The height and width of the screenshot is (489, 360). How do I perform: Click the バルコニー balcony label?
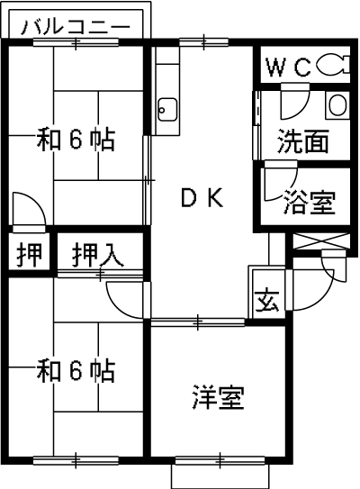75,26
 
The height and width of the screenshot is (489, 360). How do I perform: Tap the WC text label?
289,68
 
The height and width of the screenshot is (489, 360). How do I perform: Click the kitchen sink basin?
167,110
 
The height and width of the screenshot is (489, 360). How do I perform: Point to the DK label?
202,198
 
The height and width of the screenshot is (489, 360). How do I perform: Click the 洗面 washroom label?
303,141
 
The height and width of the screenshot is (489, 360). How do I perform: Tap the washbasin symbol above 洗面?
337,105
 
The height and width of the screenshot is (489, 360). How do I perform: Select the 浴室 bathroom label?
310,202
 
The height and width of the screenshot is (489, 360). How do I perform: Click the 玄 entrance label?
266,301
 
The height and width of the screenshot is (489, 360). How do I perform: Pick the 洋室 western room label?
218,397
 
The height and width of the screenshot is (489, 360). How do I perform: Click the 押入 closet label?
98,256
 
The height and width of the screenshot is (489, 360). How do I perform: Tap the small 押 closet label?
30,255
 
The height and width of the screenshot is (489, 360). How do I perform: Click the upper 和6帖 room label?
76,140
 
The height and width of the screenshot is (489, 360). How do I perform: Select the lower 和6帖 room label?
76,370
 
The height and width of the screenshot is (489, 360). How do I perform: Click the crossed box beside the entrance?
321,241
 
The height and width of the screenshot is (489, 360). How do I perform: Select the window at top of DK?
203,42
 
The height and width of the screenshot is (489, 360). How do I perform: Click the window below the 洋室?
220,460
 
